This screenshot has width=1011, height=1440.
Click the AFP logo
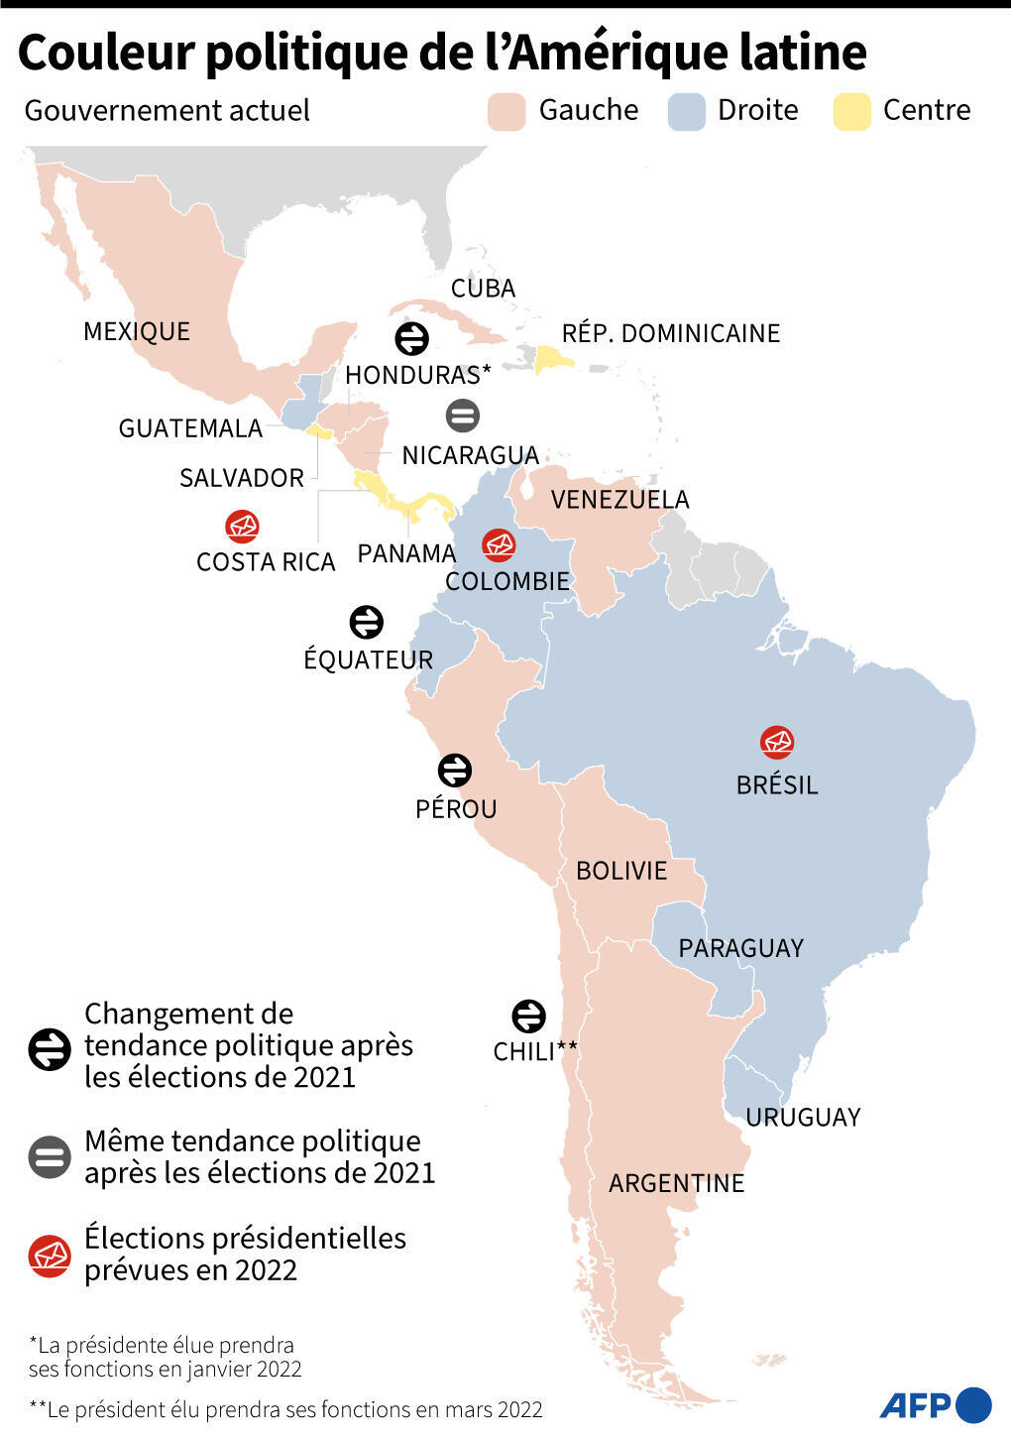click(x=936, y=1404)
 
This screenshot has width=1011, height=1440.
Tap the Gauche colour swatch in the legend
click(x=506, y=112)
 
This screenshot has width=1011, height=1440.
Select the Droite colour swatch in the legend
click(x=687, y=112)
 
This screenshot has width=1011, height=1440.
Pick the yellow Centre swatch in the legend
click(x=851, y=112)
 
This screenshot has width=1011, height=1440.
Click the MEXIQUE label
click(x=137, y=331)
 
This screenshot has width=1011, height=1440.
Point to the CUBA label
click(x=483, y=289)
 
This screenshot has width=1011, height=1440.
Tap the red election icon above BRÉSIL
click(x=777, y=742)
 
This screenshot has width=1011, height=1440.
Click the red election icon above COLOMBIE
click(x=499, y=544)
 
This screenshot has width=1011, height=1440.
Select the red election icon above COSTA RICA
click(x=243, y=527)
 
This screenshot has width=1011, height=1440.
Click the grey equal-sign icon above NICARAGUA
click(x=463, y=415)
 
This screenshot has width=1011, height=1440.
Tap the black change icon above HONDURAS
click(x=411, y=338)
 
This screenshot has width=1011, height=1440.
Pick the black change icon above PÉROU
click(x=455, y=770)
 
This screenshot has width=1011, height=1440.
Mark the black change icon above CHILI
click(x=528, y=1016)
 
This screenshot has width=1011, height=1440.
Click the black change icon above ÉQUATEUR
click(x=367, y=622)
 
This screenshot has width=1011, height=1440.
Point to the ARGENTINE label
click(x=676, y=1183)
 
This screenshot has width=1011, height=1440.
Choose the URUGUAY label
click(x=803, y=1118)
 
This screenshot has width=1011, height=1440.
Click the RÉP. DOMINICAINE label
click(x=671, y=333)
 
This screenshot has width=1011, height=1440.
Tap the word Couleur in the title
click(x=105, y=53)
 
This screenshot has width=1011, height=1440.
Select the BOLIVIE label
click(x=621, y=871)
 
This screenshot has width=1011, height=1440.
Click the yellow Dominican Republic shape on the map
click(x=551, y=359)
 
